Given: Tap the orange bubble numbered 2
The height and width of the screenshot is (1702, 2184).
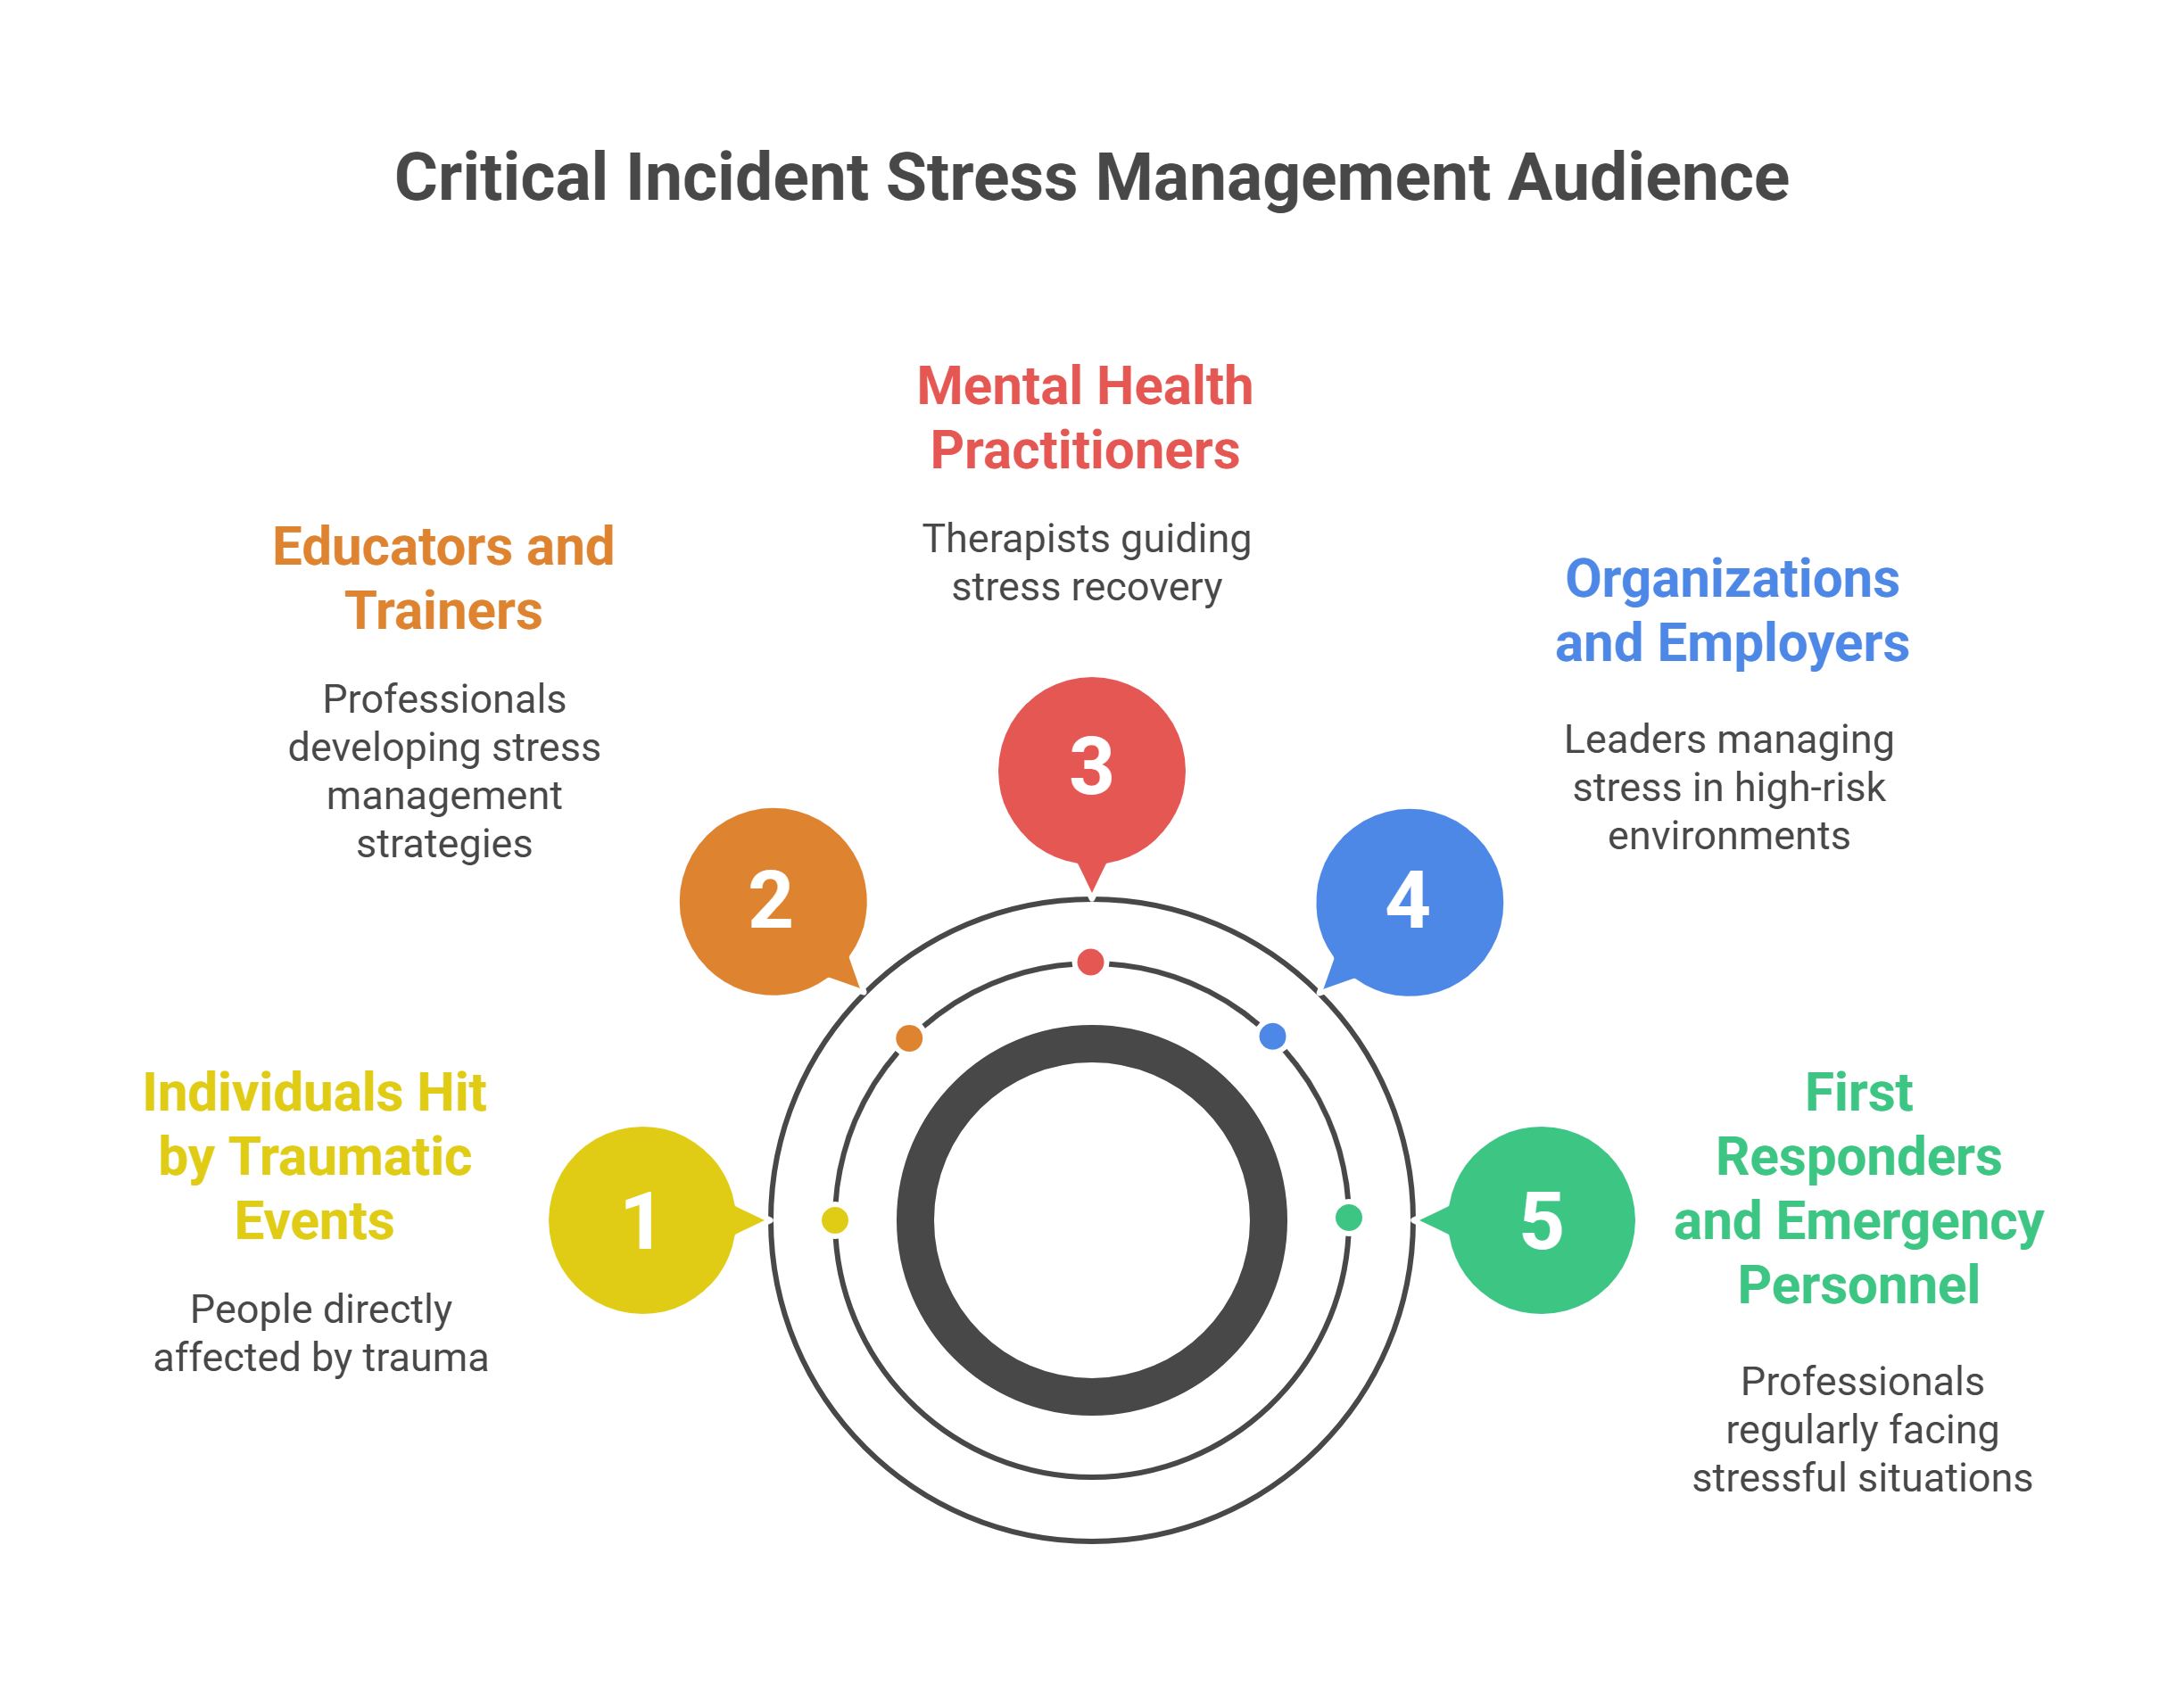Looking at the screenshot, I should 771,901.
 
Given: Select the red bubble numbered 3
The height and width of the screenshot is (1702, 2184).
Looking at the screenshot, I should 1091,768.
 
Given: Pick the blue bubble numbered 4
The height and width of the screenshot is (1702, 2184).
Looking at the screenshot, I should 1408,901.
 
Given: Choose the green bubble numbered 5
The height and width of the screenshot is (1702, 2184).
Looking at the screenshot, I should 1541,1220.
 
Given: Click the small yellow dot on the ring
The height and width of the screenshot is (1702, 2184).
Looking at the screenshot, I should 835,1220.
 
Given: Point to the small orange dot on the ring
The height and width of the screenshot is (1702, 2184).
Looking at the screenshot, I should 909,1038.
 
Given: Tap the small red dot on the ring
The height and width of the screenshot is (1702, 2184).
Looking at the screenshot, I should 1090,962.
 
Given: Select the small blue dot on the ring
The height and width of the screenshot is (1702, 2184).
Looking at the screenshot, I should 1272,1036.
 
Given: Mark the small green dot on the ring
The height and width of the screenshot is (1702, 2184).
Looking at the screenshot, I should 1349,1217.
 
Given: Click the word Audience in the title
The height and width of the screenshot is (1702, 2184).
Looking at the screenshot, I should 1647,178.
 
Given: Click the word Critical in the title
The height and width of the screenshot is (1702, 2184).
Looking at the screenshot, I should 500,178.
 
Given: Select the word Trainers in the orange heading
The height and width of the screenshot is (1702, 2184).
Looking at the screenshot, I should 443,611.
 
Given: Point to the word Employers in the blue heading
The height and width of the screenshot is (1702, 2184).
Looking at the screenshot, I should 1783,643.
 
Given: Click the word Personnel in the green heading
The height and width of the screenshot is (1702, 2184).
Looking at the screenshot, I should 1858,1285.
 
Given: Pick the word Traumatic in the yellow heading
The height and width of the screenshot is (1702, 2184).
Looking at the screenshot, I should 350,1157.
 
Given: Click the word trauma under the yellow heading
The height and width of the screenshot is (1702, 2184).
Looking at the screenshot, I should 425,1358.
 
